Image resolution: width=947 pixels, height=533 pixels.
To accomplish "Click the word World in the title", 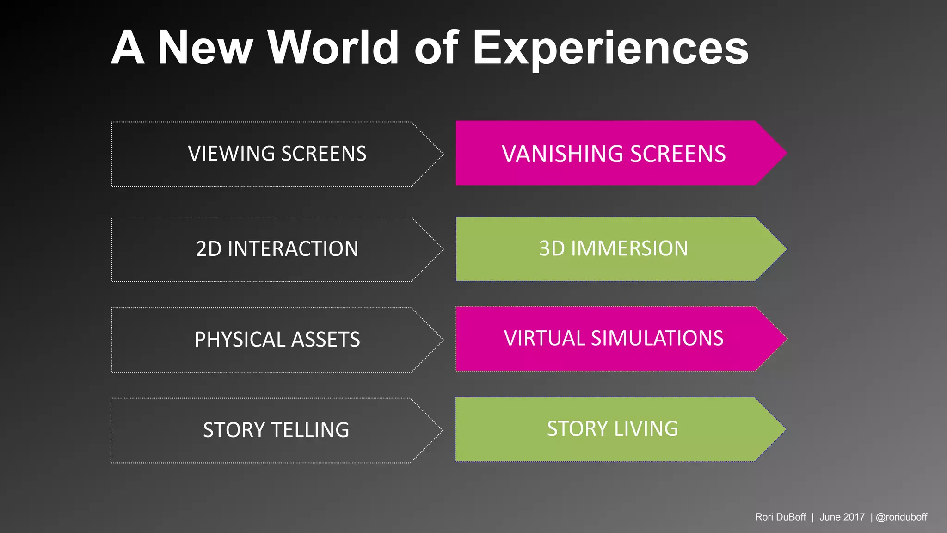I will pos(333,47).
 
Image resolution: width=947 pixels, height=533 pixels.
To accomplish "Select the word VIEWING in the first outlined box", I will pos(231,154).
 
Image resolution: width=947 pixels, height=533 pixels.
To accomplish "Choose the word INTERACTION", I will pos(293,249).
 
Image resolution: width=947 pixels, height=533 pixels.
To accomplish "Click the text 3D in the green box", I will pos(552,248).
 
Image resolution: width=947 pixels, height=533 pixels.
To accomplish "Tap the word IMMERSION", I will pos(629,248).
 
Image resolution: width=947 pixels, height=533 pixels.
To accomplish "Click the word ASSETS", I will pos(326,340).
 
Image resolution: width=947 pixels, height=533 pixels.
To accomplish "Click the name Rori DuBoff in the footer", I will pos(780,517).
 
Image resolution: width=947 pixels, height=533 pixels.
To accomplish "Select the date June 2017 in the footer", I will pos(842,517).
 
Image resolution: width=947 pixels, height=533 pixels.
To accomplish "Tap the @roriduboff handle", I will pos(901,517).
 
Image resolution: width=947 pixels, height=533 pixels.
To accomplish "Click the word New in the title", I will pos(205,47).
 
